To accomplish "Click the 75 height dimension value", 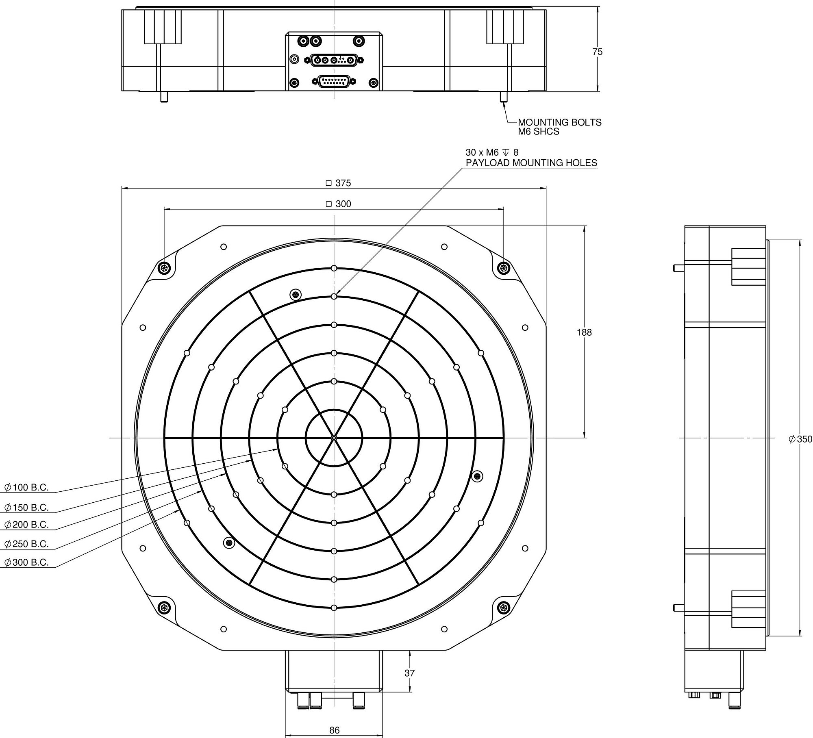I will point(597,52).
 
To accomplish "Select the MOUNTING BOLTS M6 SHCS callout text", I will point(559,127).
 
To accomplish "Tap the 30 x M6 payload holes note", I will point(531,158).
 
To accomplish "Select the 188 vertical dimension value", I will point(584,332).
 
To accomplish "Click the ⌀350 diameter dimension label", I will point(800,439).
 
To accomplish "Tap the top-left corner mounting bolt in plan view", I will point(164,268).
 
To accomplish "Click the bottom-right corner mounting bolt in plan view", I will point(504,608).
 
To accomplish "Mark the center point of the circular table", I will point(334,438).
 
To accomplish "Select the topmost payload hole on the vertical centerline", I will point(334,268).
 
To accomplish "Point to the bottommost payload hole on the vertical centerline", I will point(334,608).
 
